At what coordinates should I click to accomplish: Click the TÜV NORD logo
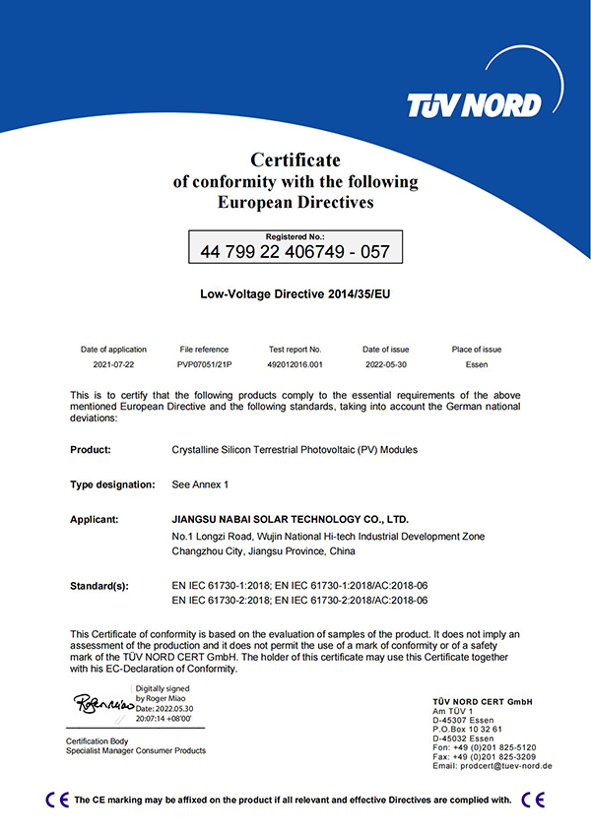(x=474, y=104)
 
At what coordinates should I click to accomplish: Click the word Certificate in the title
(x=295, y=160)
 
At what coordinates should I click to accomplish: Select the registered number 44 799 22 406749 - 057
(x=295, y=251)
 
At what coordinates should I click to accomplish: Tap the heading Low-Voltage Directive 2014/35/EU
(x=295, y=293)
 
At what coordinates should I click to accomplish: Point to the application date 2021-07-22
(x=113, y=363)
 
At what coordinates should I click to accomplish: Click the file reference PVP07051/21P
(x=204, y=363)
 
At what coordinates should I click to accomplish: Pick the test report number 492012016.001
(x=295, y=363)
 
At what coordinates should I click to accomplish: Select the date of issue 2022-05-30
(x=385, y=363)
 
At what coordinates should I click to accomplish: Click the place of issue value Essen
(x=477, y=363)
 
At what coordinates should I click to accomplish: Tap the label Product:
(x=91, y=450)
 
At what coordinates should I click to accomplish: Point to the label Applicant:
(x=95, y=518)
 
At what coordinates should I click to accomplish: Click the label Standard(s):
(x=99, y=586)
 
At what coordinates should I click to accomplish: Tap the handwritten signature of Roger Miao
(x=103, y=703)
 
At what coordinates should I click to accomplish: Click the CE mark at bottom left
(x=57, y=800)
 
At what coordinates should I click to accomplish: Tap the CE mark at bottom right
(x=533, y=800)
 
